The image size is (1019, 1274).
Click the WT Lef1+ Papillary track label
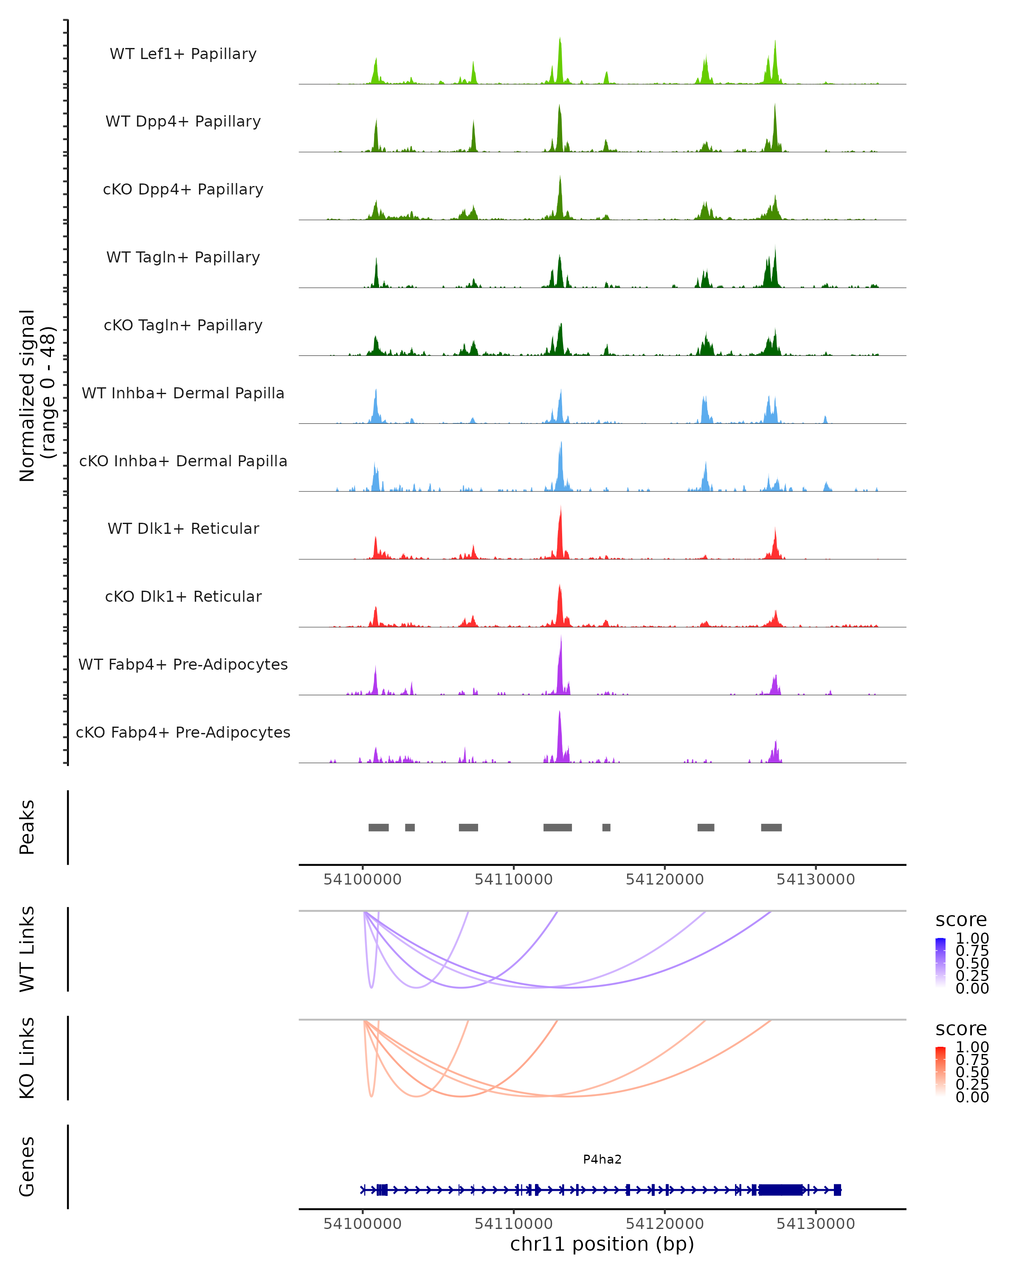[183, 54]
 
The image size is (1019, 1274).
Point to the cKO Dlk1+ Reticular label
[183, 596]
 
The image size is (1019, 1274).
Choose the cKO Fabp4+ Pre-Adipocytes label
[183, 732]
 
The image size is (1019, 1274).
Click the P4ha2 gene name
[602, 1159]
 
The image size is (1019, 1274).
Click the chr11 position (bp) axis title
[602, 1244]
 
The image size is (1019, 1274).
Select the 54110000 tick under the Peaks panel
[513, 879]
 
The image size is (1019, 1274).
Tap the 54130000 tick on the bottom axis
[816, 1224]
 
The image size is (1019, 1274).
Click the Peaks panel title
[27, 827]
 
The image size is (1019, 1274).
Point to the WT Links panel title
[27, 950]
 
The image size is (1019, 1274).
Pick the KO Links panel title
[27, 1058]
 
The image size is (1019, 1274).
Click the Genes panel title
[27, 1167]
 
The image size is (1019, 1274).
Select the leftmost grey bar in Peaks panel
[379, 827]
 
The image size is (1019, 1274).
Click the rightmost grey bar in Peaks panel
[771, 827]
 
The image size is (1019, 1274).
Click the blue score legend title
[961, 920]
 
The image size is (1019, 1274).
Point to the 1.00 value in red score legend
[972, 1047]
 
